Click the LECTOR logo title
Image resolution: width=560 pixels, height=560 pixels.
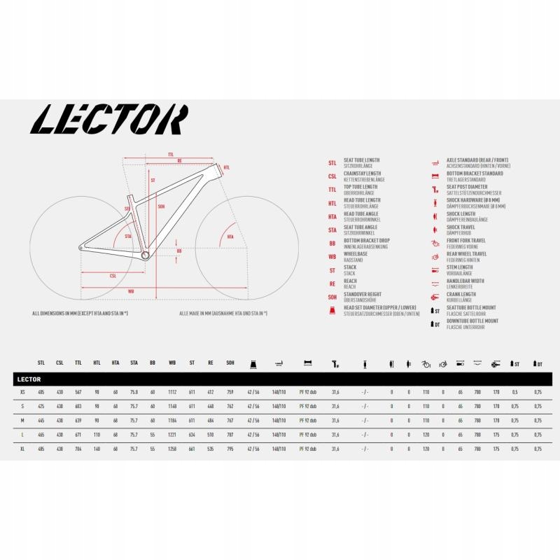[x=111, y=120]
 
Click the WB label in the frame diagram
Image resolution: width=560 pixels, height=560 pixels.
[x=131, y=290]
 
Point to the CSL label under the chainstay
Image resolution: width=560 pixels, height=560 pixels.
[x=113, y=276]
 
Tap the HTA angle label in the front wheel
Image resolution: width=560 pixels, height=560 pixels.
[x=230, y=238]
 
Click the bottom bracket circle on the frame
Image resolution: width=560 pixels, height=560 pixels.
[x=146, y=255]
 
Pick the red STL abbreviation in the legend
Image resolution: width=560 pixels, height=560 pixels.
[x=332, y=162]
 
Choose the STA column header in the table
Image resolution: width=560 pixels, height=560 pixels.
[x=134, y=364]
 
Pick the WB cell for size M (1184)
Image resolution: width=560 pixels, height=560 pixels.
[x=173, y=421]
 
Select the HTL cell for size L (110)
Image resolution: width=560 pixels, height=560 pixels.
[x=97, y=435]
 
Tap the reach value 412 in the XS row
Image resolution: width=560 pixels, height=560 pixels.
[x=211, y=393]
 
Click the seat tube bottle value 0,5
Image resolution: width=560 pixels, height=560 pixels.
[x=514, y=393]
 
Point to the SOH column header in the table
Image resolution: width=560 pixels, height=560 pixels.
[x=230, y=364]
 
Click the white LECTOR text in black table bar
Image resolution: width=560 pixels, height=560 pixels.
[x=28, y=379]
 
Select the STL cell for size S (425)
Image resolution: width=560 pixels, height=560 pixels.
[x=41, y=407]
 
